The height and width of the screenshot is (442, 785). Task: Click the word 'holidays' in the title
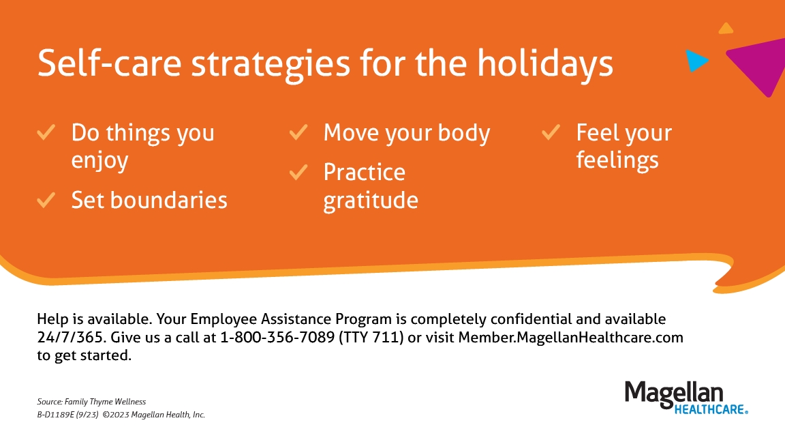545,64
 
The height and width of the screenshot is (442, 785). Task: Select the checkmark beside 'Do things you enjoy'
46,133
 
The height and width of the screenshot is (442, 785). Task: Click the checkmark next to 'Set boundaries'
46,200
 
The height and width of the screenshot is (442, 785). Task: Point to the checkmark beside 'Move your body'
298,133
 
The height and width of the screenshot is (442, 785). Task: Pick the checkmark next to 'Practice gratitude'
298,173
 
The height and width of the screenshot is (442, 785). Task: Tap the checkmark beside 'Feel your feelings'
551,133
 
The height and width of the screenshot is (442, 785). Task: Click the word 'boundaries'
169,200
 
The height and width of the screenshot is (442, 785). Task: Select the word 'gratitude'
371,201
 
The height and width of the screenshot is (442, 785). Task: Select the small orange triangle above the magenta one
726,29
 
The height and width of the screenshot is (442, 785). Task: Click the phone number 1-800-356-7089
277,337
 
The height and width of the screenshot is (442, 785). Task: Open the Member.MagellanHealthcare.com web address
571,337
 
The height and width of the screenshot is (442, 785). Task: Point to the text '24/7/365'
71,337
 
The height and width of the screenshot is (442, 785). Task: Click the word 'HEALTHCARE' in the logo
709,409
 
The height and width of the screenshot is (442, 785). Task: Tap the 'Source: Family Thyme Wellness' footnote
91,402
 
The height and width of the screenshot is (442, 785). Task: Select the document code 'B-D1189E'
56,415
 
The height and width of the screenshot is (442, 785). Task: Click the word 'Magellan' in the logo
674,394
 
